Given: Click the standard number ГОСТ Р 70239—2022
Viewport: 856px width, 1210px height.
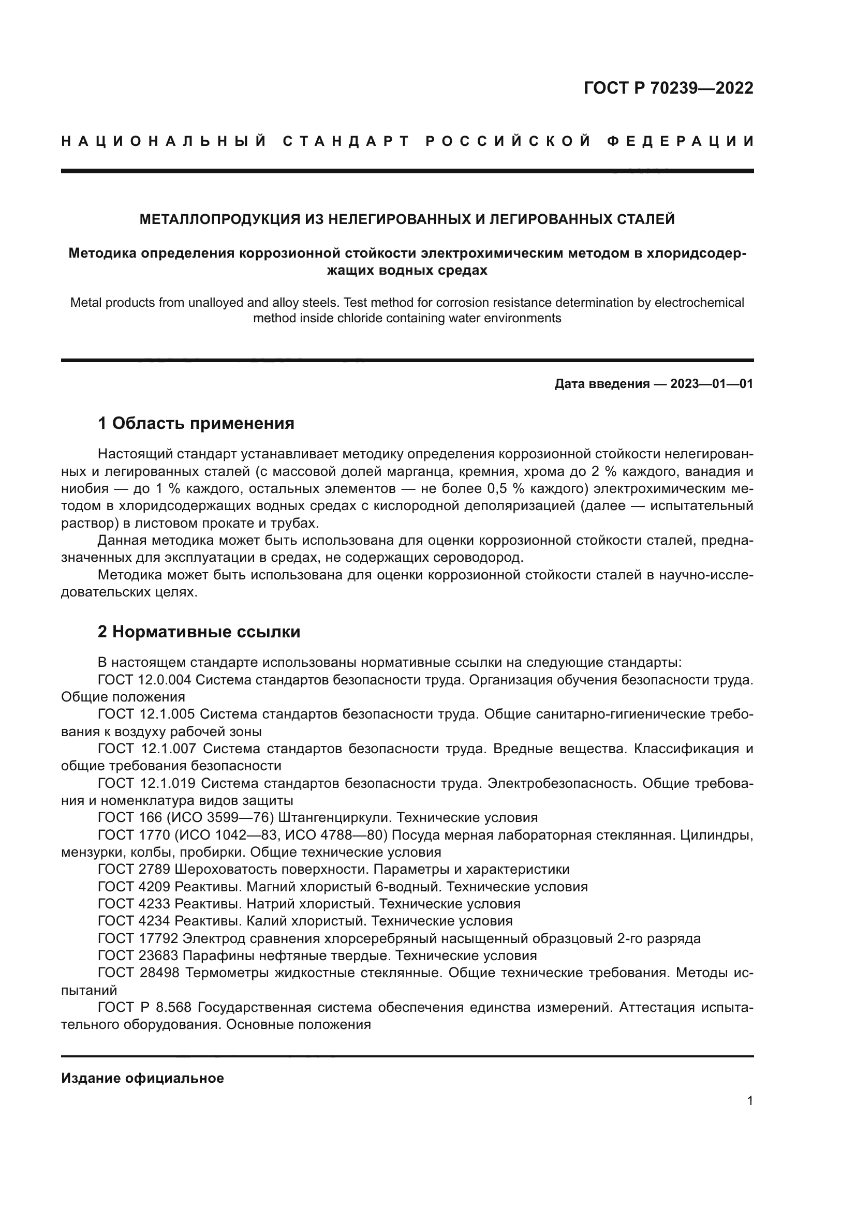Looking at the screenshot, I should [668, 88].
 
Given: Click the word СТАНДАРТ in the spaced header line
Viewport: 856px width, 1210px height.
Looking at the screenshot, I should [346, 141].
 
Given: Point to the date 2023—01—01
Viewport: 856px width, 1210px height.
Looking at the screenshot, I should [712, 384].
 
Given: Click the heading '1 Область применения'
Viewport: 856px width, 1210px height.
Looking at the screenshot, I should [196, 423].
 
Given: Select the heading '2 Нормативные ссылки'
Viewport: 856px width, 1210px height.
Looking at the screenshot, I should [199, 631].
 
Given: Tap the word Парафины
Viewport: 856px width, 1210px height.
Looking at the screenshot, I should [228, 955].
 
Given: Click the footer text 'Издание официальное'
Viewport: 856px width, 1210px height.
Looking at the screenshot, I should [142, 1078].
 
